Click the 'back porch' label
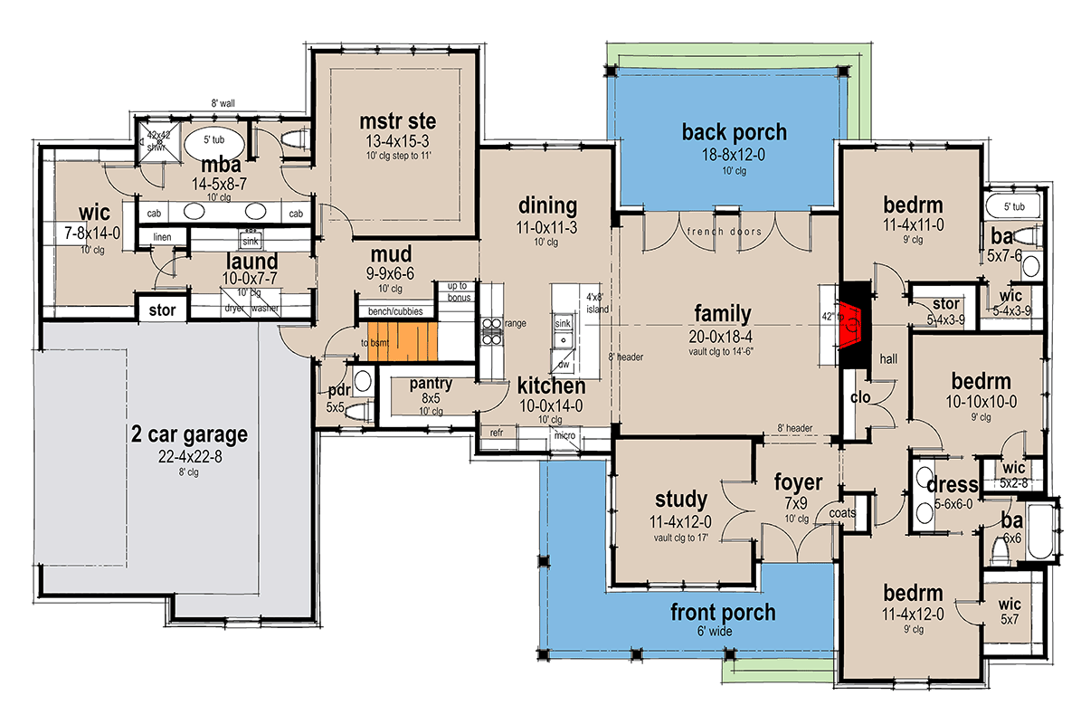[734, 132]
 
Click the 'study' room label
[680, 500]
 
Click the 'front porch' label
[722, 613]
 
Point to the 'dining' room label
[547, 205]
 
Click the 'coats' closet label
[842, 512]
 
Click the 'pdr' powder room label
[340, 391]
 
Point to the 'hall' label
[889, 358]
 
